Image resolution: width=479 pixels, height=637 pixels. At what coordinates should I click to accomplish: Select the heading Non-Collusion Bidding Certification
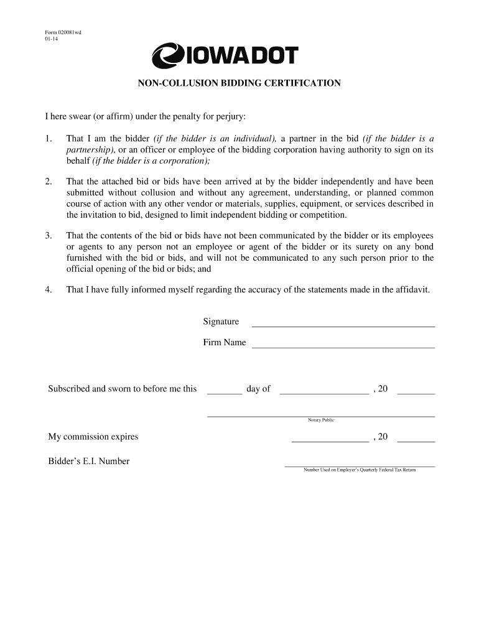pos(239,83)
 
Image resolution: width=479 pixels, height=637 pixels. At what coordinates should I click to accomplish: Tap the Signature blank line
pos(342,324)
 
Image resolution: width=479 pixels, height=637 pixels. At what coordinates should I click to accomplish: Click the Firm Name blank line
pos(342,345)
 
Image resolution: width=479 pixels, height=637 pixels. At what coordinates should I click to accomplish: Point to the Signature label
pos(221,322)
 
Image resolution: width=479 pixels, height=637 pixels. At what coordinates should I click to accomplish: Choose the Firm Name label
pos(224,343)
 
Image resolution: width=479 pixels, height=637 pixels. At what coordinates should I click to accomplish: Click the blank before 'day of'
pos(224,392)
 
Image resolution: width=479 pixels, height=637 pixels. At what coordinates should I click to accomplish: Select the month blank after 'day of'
pos(324,392)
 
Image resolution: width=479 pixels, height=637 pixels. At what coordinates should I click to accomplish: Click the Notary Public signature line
pos(320,415)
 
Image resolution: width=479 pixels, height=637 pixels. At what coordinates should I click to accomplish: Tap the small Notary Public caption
pos(321,421)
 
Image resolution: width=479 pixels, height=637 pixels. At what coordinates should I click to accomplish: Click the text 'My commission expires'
pos(93,437)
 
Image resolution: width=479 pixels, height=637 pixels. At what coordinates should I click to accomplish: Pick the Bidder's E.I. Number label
pos(89,462)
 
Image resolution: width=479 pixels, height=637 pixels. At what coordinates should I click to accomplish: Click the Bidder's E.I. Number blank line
pos(360,465)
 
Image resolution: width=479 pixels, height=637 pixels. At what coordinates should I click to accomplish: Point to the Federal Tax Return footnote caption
pos(360,470)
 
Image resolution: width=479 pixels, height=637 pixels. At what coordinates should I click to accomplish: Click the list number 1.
pos(48,138)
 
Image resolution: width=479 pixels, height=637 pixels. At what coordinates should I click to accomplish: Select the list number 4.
pos(48,290)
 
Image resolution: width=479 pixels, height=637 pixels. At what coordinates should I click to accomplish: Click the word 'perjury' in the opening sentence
pos(232,116)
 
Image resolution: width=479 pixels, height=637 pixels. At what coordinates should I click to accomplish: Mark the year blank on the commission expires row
pos(416,440)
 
